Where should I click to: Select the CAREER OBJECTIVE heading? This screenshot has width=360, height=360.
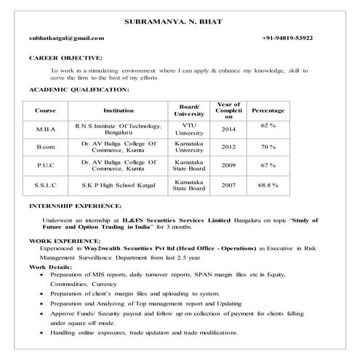(65, 56)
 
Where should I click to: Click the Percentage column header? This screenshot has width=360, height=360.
(268, 111)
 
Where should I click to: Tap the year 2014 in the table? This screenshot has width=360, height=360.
(229, 130)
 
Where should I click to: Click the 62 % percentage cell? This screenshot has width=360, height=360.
(268, 126)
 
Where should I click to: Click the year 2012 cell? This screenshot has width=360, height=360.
(229, 146)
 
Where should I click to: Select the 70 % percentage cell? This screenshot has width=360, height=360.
(268, 146)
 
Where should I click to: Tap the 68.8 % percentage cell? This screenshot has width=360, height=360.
(268, 185)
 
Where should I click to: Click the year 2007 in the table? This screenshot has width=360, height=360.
(229, 185)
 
